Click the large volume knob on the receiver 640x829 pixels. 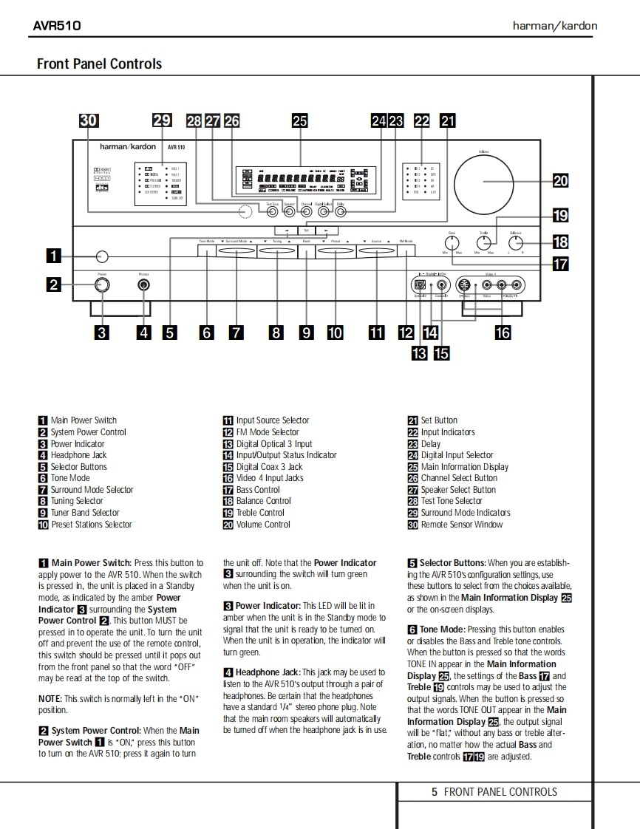(483, 181)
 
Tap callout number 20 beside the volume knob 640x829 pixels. (561, 180)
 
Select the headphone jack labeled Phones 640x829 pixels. (143, 284)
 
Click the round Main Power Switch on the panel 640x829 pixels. (103, 257)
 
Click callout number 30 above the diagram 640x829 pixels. (89, 121)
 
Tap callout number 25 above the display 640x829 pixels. (299, 121)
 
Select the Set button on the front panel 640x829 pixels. (306, 231)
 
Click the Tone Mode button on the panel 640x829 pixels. (206, 251)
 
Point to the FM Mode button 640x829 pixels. (406, 251)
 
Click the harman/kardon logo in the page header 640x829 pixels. (555, 26)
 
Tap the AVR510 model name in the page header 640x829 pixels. (57, 26)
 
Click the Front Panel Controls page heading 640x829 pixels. (99, 64)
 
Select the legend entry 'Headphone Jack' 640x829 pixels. (78, 455)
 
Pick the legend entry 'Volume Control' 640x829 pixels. (263, 525)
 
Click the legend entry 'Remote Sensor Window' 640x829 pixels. (461, 525)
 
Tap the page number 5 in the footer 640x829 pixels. (435, 792)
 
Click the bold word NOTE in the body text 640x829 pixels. (50, 698)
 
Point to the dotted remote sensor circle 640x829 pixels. (247, 212)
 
